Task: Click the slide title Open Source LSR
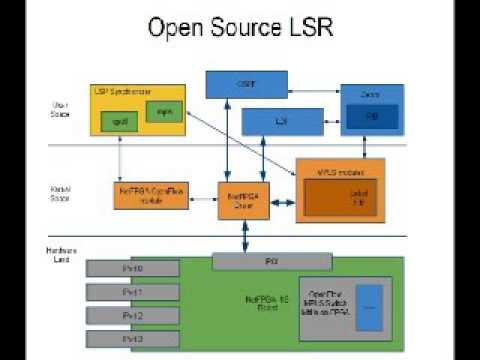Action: pyautogui.click(x=239, y=27)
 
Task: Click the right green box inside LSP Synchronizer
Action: pyautogui.click(x=165, y=111)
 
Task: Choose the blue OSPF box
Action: pyautogui.click(x=246, y=84)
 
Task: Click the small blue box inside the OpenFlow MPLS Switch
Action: pyautogui.click(x=370, y=310)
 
